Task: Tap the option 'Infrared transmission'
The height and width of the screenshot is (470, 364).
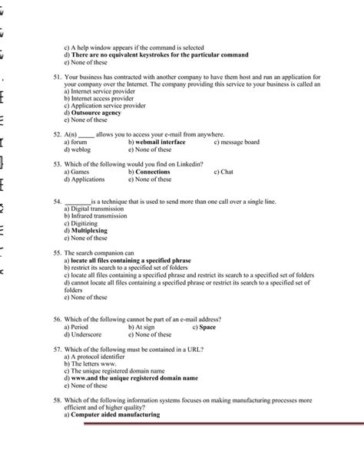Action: [x=98, y=215]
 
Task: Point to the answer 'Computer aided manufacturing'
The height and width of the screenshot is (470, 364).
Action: [x=114, y=415]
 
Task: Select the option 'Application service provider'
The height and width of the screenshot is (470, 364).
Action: [x=104, y=106]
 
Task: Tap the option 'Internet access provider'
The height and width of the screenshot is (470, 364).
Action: [x=99, y=99]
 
